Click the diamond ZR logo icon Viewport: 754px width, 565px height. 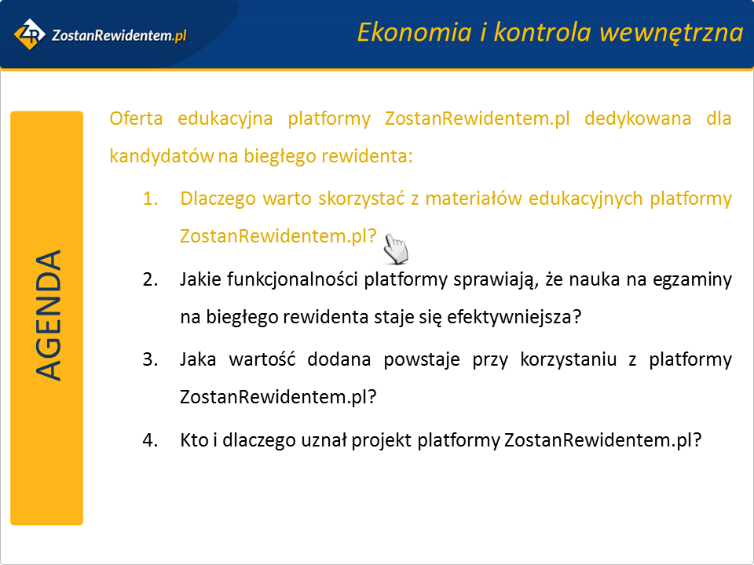coord(29,34)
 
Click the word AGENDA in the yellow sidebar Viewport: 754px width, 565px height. coord(49,315)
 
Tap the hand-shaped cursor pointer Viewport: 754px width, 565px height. coord(396,249)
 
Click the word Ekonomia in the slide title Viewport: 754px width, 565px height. coord(414,32)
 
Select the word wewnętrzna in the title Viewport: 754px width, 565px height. coord(672,33)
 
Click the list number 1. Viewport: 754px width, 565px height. coord(150,199)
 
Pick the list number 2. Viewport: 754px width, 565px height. coord(150,279)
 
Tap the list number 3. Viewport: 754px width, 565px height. coord(150,359)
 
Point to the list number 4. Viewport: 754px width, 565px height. coord(150,439)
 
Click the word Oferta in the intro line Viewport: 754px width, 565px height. coord(136,118)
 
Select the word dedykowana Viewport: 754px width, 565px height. coord(638,119)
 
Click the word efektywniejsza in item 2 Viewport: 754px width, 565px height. coord(514,317)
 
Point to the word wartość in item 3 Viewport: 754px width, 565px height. coord(262,359)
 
